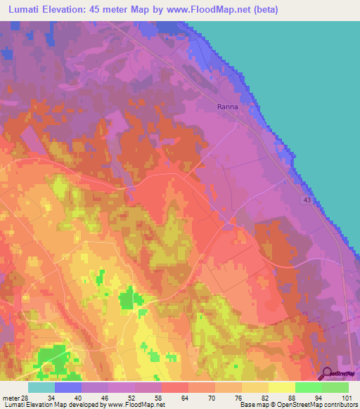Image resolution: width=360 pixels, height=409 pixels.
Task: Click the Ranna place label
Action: coord(227,107)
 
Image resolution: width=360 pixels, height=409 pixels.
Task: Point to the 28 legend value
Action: coord(25,398)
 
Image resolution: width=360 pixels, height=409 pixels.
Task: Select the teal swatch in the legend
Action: coord(41,387)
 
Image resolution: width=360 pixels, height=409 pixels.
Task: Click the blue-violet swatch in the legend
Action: coord(68,387)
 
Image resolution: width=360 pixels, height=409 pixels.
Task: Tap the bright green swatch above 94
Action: coord(309,387)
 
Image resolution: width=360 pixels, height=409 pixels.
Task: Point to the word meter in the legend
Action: coord(10,398)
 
